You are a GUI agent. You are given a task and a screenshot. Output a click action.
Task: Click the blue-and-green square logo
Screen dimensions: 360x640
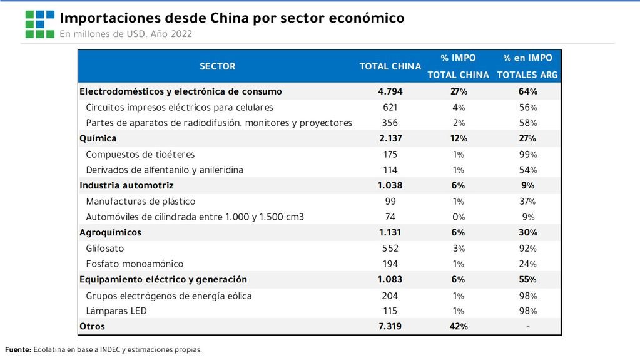click(39, 24)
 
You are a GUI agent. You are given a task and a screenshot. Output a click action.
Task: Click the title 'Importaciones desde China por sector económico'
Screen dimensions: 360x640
click(231, 18)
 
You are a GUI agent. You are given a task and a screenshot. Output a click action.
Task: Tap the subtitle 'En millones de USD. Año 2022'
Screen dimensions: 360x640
click(126, 34)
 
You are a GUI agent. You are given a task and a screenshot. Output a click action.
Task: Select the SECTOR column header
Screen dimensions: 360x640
click(217, 66)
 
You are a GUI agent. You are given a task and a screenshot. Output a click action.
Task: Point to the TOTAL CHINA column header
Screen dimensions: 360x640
click(390, 66)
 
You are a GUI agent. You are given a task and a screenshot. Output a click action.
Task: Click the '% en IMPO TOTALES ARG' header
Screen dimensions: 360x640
click(527, 66)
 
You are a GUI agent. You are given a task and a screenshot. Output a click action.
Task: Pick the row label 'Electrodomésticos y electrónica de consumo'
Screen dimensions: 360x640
click(181, 91)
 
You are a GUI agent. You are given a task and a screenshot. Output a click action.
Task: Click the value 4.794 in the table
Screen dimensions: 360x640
click(390, 91)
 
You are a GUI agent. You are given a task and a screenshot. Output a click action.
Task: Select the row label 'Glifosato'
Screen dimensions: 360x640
click(105, 249)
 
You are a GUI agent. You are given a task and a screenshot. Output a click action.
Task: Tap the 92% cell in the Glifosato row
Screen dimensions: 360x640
click(527, 249)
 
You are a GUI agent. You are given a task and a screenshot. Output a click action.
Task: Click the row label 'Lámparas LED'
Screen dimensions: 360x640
click(116, 311)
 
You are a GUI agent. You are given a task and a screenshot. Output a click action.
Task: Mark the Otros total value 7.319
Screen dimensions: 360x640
click(390, 327)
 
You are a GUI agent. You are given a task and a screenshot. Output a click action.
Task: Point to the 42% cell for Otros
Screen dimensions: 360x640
click(458, 327)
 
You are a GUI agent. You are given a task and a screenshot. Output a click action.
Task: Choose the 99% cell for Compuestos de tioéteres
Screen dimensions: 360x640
click(527, 154)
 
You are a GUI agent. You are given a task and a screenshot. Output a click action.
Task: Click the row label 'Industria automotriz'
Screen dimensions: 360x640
click(126, 185)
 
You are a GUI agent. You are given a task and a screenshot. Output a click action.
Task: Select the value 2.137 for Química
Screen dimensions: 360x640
click(390, 138)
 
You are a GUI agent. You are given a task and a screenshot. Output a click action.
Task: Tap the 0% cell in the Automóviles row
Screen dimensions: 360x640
click(458, 217)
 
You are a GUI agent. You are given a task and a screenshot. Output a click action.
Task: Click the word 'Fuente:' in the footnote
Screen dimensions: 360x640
click(18, 350)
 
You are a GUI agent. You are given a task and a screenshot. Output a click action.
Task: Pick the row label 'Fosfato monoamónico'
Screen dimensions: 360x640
click(135, 264)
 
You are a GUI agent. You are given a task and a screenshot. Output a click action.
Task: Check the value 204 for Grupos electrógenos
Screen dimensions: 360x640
click(390, 296)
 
